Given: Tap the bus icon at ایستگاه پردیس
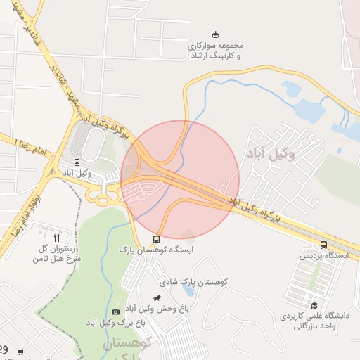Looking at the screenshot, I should pos(323,245).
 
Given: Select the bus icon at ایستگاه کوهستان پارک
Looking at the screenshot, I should pos(156,238).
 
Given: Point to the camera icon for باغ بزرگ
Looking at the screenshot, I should pos(115,311).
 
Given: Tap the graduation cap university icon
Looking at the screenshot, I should pos(314,305).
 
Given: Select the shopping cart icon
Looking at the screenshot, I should pos(20,352).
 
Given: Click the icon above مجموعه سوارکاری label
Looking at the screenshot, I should pos(215,34).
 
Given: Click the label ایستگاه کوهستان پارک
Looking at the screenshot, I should pos(156,249).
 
